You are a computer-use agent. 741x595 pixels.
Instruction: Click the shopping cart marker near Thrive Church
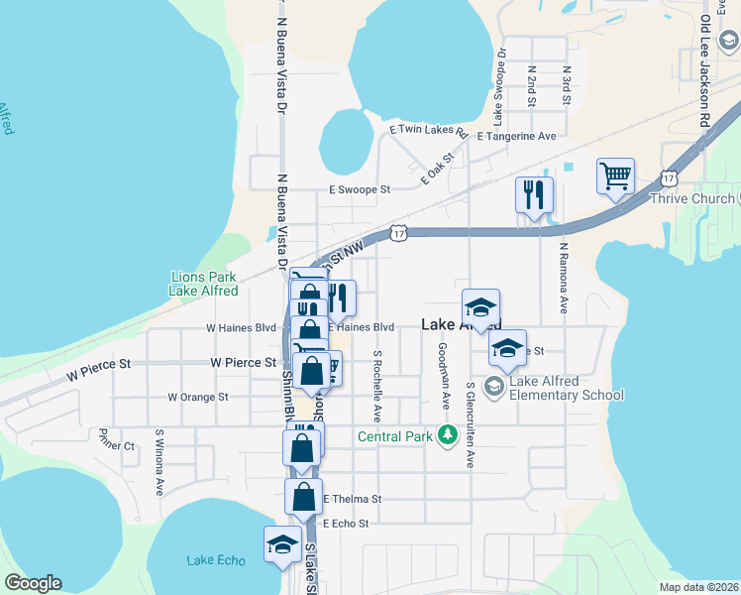pos(615,177)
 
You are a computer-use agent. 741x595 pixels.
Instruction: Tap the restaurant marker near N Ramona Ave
pos(534,194)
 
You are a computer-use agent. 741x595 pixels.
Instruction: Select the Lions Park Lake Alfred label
pos(204,284)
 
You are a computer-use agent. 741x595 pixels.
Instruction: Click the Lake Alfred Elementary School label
pos(567,388)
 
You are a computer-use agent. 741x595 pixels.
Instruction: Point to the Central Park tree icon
pos(448,434)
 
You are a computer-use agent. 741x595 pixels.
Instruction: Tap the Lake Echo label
pos(215,560)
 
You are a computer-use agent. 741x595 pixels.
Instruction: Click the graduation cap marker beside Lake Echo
pos(282,544)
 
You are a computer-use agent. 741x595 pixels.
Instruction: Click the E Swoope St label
pos(360,188)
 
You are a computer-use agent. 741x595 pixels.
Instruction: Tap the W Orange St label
pos(197,397)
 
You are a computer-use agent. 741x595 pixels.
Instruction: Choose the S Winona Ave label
pos(159,461)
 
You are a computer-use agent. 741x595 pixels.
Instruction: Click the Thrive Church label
pos(692,198)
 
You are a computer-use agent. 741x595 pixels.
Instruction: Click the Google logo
pos(33,583)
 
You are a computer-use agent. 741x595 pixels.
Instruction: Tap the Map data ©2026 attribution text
pos(698,587)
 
